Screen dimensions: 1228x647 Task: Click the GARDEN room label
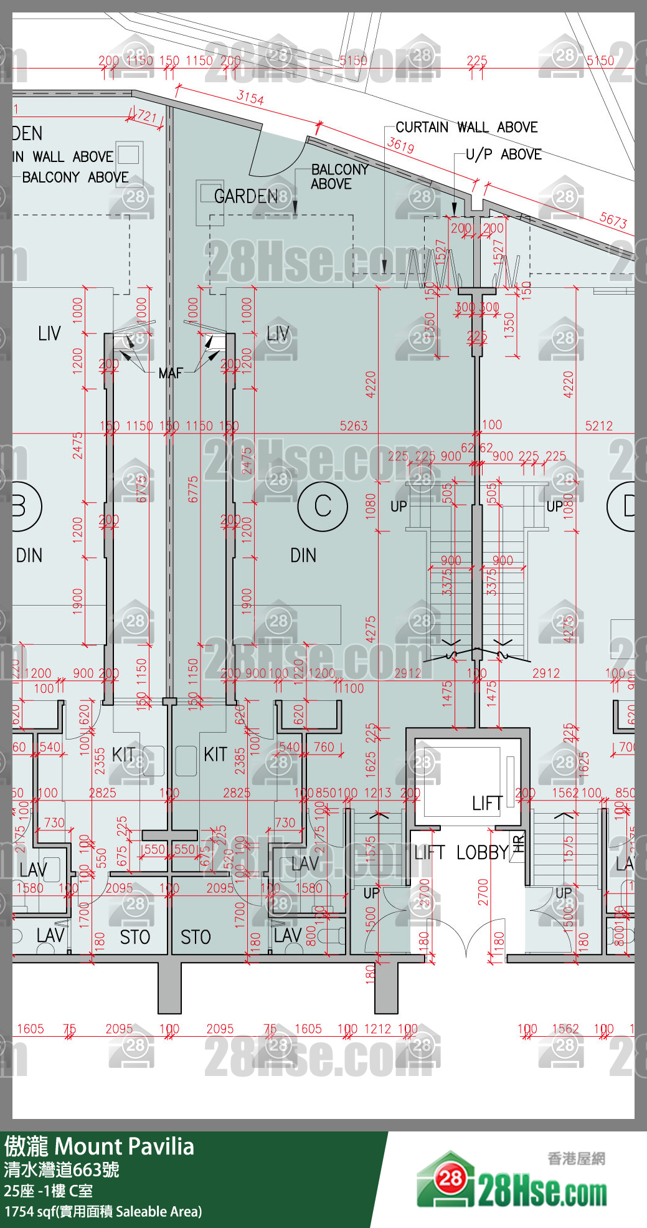coord(246,196)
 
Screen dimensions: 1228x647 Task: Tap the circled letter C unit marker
coord(323,506)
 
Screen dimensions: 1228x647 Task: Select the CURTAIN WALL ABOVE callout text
coord(466,128)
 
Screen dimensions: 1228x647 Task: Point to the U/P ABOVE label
coord(503,155)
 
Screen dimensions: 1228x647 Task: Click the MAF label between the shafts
coord(170,373)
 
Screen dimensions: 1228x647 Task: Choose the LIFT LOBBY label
coord(461,852)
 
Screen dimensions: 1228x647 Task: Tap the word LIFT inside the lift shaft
coord(487,804)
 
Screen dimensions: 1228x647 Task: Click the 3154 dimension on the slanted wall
coord(250,98)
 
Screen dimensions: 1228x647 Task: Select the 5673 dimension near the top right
coord(613,220)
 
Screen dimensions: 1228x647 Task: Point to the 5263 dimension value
coord(354,426)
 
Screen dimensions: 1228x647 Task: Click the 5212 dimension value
coord(598,426)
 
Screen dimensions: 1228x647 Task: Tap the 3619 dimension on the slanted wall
coord(400,146)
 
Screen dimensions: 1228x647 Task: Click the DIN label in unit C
coord(303,555)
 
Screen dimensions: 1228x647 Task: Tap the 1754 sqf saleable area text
coord(103,1211)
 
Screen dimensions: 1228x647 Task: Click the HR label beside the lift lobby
coord(518,845)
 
